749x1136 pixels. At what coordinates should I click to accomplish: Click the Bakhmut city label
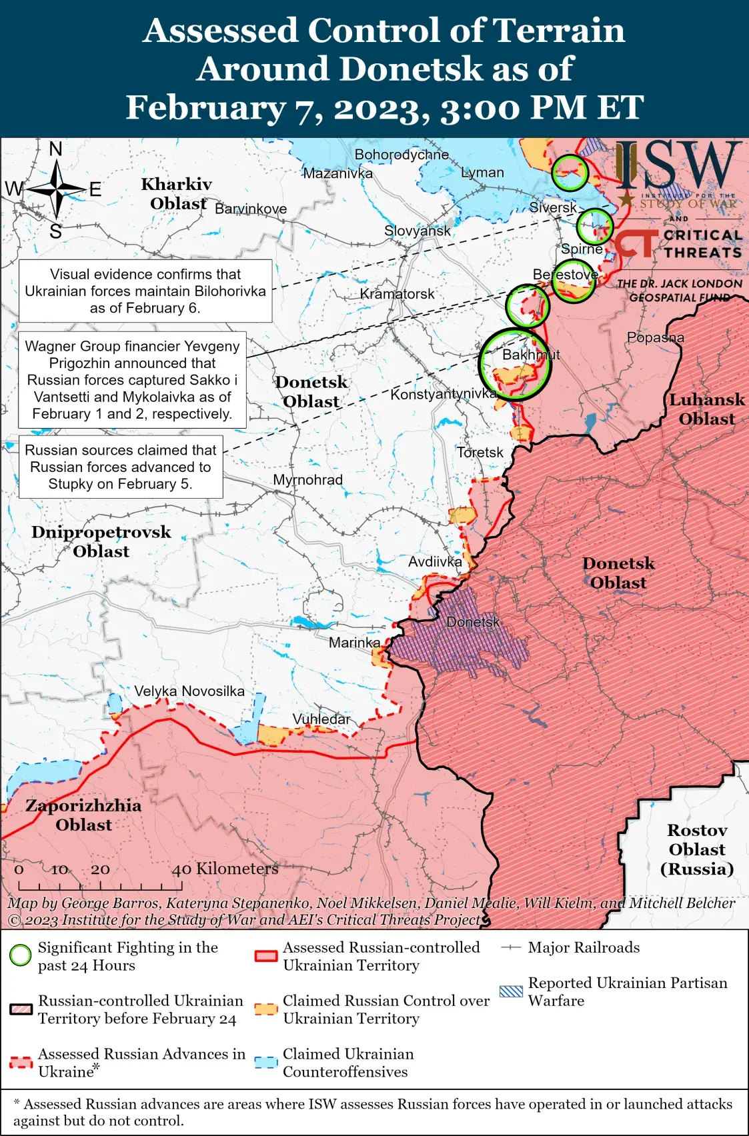531,355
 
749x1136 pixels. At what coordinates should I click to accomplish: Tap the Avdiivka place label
435,561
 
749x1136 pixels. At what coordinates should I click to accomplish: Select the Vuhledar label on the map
321,719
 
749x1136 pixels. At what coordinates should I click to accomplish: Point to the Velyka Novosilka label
189,691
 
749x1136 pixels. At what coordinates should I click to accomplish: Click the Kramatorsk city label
397,294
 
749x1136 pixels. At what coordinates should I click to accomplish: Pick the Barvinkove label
251,209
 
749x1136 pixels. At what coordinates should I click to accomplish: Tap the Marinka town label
354,643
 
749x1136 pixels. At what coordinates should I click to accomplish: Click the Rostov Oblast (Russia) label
697,849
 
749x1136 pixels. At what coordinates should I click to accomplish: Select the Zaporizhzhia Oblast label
83,815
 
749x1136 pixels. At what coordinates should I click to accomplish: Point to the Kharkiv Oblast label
177,193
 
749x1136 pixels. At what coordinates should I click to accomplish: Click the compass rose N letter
56,149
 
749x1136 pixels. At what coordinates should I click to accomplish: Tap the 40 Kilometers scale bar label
225,869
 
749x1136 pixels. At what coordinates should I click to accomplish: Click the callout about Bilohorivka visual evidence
145,291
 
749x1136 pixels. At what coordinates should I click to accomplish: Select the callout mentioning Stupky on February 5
121,467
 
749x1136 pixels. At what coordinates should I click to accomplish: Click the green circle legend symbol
21,955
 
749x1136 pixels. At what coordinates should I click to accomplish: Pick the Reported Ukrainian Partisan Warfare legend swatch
511,991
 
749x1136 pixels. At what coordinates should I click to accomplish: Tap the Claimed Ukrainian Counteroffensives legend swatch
266,1063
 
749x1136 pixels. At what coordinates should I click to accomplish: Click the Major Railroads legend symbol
511,947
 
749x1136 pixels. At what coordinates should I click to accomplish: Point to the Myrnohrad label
307,480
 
